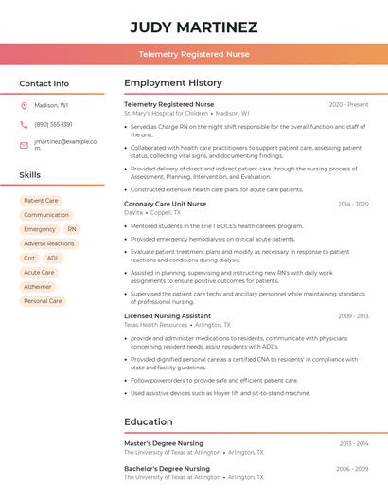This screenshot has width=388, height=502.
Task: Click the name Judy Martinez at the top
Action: tap(194, 27)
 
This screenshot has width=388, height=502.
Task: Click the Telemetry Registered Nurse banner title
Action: tap(194, 55)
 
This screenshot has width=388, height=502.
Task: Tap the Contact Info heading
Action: tap(44, 83)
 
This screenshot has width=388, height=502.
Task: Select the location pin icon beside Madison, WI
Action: tap(24, 106)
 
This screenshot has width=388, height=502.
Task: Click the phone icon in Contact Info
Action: tap(24, 124)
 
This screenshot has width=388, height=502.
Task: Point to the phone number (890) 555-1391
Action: tap(53, 124)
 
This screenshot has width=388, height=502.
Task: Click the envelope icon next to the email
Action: tap(24, 145)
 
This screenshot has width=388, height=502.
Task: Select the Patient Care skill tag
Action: tap(41, 201)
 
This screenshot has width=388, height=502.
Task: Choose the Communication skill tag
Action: tap(46, 215)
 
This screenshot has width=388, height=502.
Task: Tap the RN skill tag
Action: tap(72, 229)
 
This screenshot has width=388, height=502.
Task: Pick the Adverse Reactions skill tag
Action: tap(49, 243)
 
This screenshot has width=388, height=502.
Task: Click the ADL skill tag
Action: tap(53, 258)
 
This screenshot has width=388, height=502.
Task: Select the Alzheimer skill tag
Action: tap(38, 286)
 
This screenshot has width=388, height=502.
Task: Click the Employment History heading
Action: tap(173, 83)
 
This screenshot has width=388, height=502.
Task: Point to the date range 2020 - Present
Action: tap(348, 104)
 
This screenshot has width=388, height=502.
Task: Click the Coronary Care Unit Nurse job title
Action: tap(165, 204)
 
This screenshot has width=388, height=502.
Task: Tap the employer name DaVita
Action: tap(133, 212)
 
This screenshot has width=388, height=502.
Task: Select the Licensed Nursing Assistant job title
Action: tap(168, 315)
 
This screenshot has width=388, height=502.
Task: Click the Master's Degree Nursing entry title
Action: tap(164, 443)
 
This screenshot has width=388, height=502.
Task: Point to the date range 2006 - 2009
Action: tap(352, 469)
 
